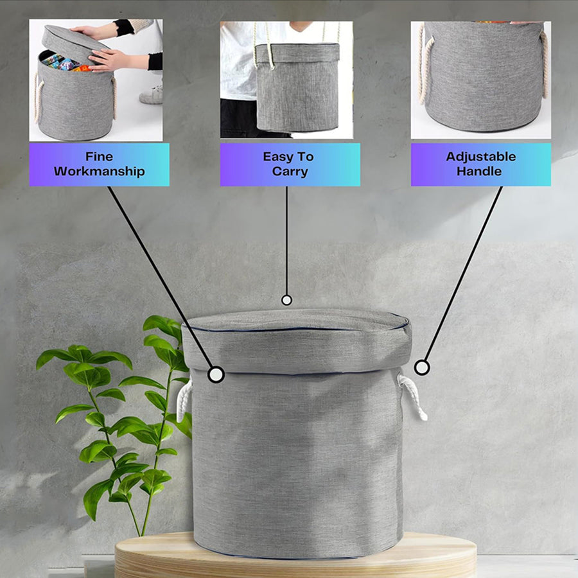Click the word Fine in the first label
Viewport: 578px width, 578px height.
[x=99, y=157]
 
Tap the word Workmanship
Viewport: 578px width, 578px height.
[x=99, y=171]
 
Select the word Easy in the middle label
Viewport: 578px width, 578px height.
[x=276, y=157]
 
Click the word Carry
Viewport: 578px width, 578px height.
[x=290, y=171]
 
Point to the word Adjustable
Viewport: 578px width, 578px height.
[x=480, y=157]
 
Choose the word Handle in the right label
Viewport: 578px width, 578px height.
[x=479, y=171]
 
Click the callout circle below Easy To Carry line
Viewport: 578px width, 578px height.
[x=286, y=300]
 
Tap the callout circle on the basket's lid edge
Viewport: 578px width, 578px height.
[x=216, y=374]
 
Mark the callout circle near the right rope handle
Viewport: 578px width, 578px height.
[x=422, y=367]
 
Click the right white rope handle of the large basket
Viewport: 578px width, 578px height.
[x=413, y=396]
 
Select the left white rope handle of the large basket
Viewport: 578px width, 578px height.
[x=184, y=401]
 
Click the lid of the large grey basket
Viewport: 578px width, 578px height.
[x=297, y=341]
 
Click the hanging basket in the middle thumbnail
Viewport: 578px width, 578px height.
[x=297, y=87]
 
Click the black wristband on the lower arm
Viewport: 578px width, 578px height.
[x=155, y=61]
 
